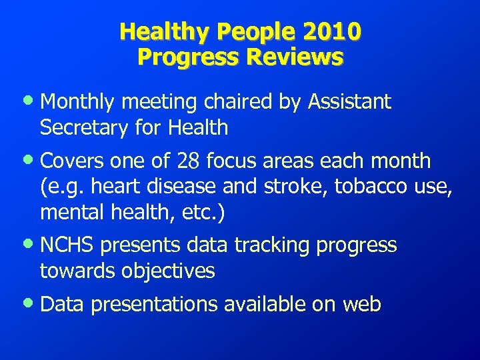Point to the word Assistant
pos(349,103)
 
